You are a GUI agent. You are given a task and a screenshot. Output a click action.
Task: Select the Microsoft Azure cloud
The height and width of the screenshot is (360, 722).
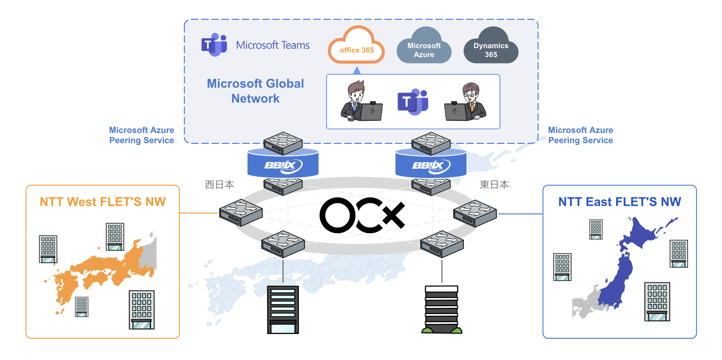[424, 49]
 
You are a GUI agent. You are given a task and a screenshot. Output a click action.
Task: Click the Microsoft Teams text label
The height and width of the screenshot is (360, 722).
[272, 45]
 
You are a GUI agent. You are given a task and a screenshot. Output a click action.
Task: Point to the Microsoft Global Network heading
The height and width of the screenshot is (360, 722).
[255, 91]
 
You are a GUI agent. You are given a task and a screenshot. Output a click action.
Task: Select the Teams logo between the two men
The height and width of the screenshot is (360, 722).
[413, 102]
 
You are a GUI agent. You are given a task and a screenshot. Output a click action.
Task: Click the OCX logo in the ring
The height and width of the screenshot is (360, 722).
[362, 215]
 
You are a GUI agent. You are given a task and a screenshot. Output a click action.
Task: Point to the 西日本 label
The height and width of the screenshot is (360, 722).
[220, 185]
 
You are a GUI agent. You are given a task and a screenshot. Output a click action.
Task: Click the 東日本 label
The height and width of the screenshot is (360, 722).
[494, 185]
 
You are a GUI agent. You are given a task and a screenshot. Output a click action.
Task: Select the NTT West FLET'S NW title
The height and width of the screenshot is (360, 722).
[103, 202]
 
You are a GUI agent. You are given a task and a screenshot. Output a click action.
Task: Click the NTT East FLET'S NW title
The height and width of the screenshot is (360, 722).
[620, 202]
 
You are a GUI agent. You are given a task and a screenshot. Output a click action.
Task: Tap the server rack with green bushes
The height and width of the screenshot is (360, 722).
[442, 309]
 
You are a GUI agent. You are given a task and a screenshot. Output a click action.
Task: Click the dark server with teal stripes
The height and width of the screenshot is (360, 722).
[283, 309]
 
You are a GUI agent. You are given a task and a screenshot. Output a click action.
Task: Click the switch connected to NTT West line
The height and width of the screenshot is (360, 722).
[241, 213]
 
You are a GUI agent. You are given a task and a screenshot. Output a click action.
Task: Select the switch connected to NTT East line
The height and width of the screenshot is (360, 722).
[475, 213]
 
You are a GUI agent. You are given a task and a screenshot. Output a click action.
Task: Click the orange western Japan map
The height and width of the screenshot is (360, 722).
[105, 271]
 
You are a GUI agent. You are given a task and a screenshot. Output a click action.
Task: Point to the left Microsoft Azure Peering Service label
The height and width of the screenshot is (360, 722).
[142, 135]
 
